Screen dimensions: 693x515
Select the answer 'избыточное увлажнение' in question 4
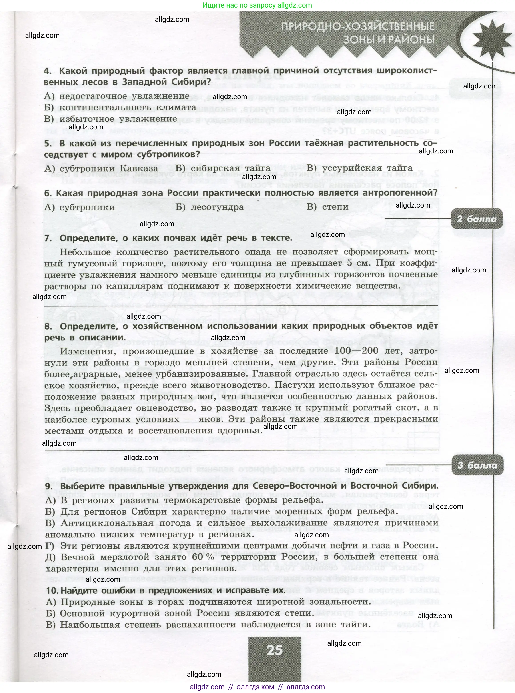click(x=118, y=119)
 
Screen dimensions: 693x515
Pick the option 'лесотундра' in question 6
click(x=217, y=207)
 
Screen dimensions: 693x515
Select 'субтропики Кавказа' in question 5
click(x=108, y=168)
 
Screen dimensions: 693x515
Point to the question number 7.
click(x=48, y=238)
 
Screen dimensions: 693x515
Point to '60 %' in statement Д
click(x=203, y=557)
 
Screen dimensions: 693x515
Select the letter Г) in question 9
click(x=50, y=545)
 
